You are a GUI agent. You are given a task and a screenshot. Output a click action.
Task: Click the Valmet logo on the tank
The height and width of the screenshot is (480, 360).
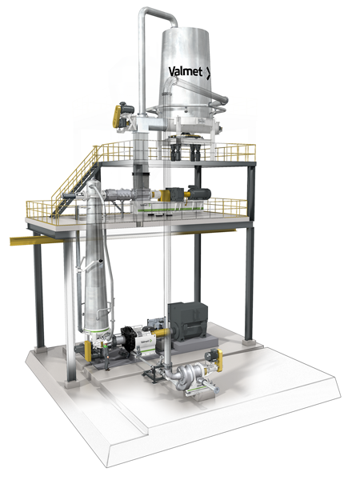[x=189, y=71]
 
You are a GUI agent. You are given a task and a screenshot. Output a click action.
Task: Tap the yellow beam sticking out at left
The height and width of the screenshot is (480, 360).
[x=24, y=238]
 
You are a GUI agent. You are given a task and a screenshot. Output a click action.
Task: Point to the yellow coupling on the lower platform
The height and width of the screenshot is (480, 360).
[x=171, y=194]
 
